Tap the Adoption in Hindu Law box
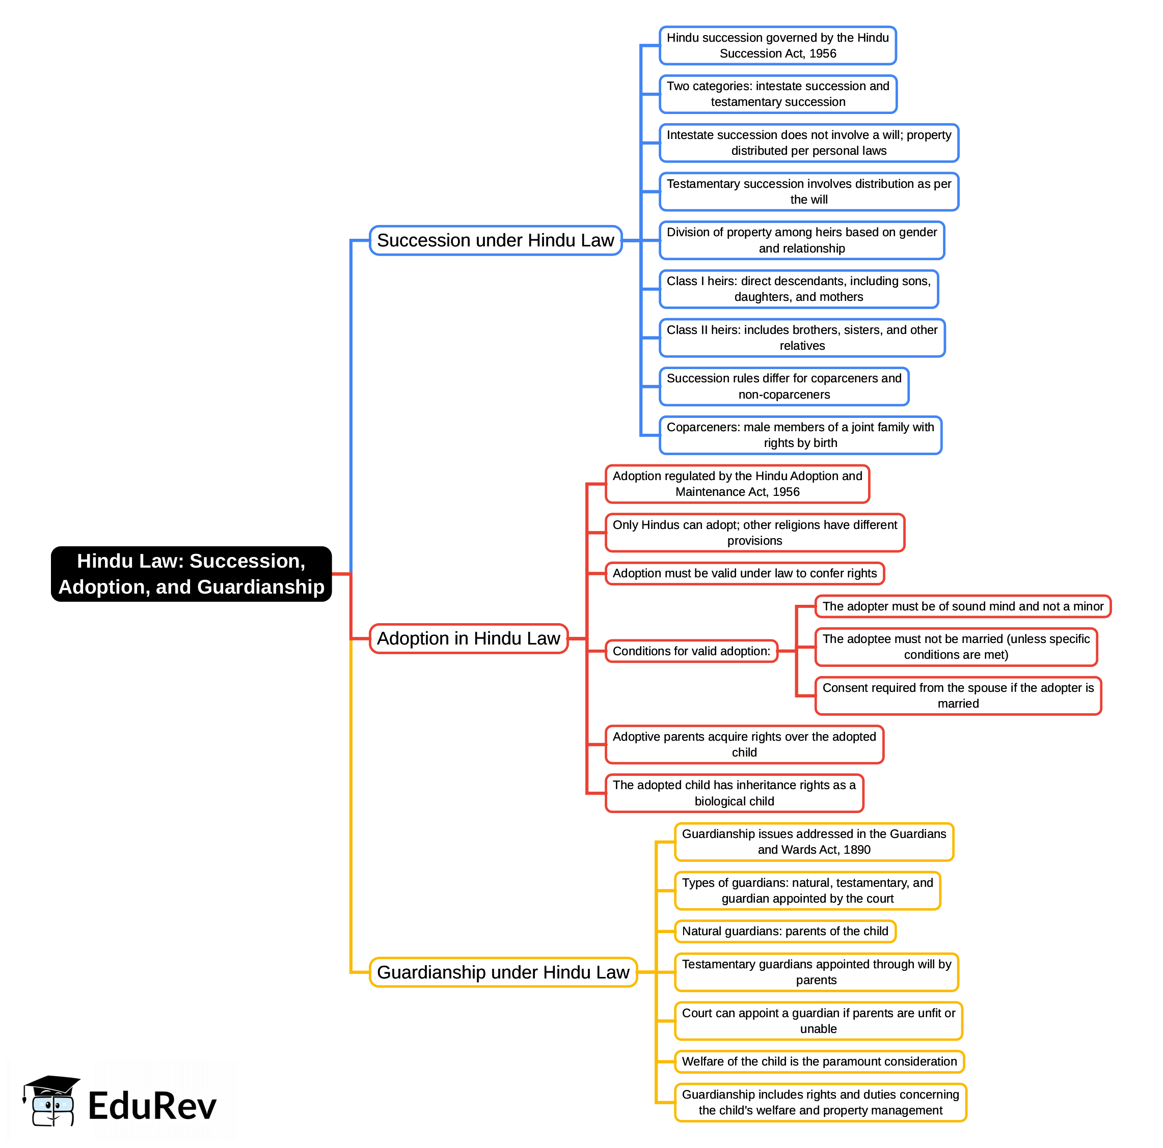[x=468, y=638]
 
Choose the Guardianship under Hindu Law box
[x=503, y=972]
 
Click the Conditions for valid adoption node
[x=691, y=651]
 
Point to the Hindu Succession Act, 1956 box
[x=777, y=46]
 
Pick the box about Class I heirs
[x=798, y=289]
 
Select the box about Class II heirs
[x=802, y=338]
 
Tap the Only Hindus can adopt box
[x=754, y=533]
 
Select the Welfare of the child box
[x=819, y=1061]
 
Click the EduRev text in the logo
[x=152, y=1106]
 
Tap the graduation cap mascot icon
[x=51, y=1101]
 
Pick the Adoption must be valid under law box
[x=744, y=573]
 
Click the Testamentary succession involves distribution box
[x=808, y=191]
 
